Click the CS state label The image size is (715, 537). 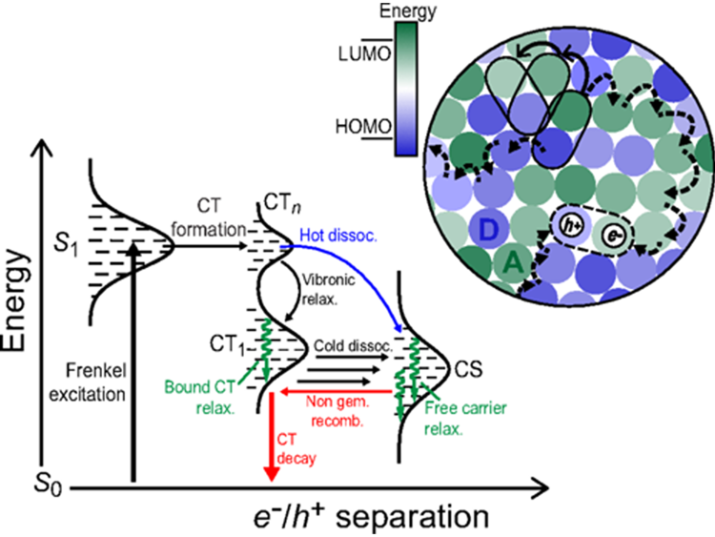click(468, 369)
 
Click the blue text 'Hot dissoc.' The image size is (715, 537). click(337, 235)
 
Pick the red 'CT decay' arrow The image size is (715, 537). click(272, 437)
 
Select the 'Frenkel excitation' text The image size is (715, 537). click(88, 382)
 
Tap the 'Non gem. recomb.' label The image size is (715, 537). click(337, 411)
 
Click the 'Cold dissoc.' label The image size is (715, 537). click(353, 345)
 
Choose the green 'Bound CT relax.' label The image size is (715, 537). click(200, 397)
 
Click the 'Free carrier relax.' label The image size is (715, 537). click(465, 418)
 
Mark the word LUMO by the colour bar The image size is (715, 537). click(365, 53)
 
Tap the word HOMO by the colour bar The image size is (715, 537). click(363, 126)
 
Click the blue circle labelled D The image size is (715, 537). click(488, 229)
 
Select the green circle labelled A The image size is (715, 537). click(513, 263)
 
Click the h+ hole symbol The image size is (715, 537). click(572, 224)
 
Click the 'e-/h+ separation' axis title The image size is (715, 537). click(371, 518)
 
